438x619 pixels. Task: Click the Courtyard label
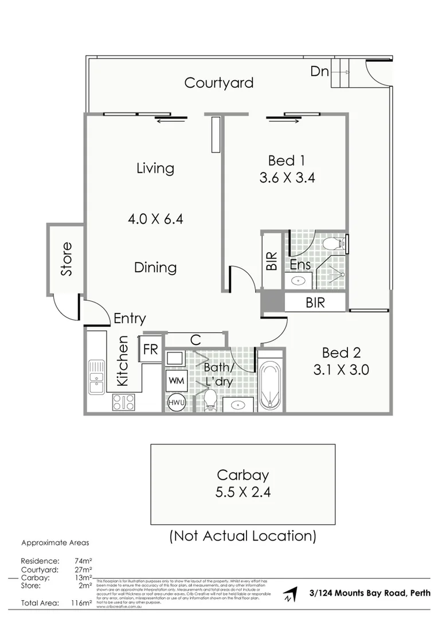pos(218,83)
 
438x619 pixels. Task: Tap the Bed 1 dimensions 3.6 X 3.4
pos(287,178)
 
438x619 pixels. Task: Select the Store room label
pos(67,260)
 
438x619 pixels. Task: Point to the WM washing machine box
pos(175,379)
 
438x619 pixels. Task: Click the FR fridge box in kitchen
pos(150,350)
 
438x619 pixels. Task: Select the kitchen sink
pos(96,376)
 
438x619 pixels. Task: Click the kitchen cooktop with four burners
pos(123,402)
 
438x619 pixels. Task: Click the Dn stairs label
pos(319,71)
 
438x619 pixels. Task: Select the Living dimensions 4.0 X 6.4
pos(155,218)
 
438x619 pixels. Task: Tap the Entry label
pos(130,319)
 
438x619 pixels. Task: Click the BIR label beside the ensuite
pos(272,261)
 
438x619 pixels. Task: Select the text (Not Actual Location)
pos(243,536)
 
